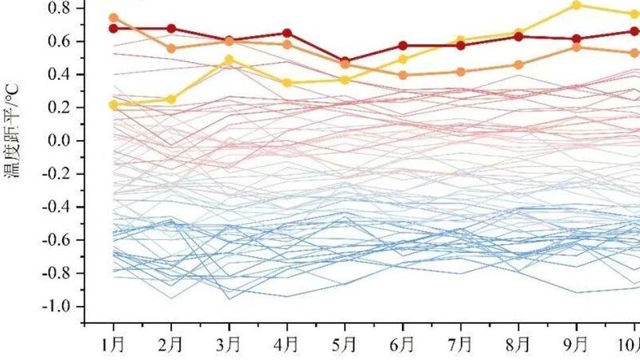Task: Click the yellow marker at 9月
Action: pos(577,5)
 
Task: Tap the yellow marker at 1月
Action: pos(113,105)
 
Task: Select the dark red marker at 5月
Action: pos(345,61)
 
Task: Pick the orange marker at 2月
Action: pos(171,49)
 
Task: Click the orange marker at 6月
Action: pos(403,75)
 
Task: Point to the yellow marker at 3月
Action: pos(229,60)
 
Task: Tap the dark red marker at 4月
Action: pos(287,33)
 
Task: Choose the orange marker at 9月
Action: pos(577,47)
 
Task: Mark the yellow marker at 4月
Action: pos(287,83)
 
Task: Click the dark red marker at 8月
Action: pos(519,37)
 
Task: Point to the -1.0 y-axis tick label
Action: pos(57,307)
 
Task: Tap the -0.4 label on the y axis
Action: pos(57,207)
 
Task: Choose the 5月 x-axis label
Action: pos(345,345)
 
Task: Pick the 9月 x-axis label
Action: pos(577,345)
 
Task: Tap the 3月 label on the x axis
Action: pos(229,345)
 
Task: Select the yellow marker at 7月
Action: pos(461,41)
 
